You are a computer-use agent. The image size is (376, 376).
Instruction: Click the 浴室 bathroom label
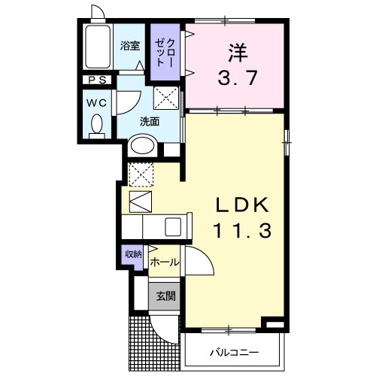point(130,45)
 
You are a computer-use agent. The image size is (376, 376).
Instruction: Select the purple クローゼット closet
point(164,53)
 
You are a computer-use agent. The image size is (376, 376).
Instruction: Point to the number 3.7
point(238,77)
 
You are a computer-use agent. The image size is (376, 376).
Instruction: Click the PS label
point(97,80)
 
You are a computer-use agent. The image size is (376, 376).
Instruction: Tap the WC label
point(96,102)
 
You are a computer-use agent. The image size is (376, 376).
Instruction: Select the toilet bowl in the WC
point(96,123)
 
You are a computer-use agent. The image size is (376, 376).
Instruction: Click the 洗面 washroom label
point(148,121)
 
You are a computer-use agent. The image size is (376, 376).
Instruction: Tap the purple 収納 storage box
point(133,255)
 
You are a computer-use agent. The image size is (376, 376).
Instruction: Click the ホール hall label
point(164,262)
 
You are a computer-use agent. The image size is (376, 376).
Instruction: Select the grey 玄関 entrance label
point(165,296)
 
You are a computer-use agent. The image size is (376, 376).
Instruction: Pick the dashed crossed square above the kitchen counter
point(140,174)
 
